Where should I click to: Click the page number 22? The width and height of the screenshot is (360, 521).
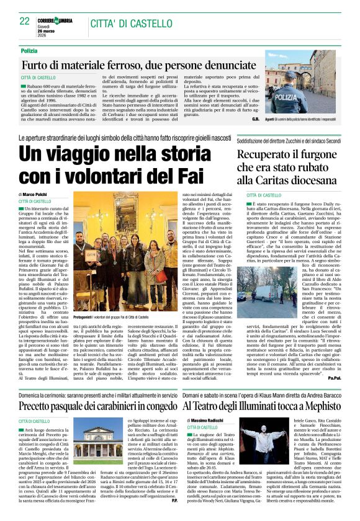25,21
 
